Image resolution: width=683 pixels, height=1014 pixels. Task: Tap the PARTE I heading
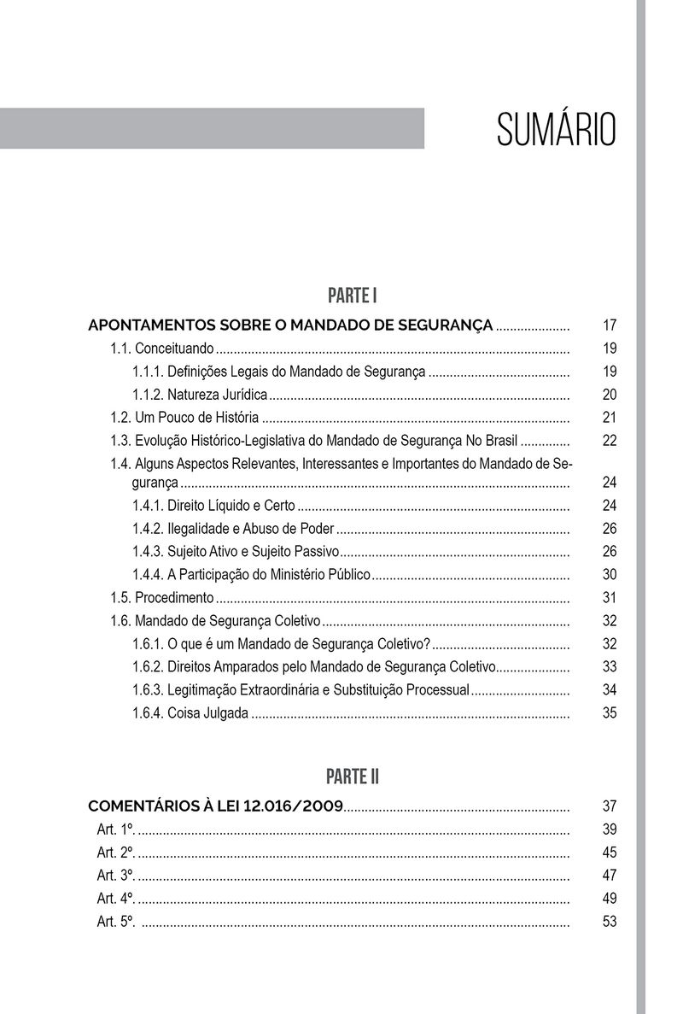[352, 296]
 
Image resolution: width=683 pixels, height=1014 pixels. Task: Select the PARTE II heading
[352, 777]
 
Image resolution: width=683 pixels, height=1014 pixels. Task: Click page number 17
[609, 325]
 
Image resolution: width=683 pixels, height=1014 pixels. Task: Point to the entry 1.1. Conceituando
[162, 349]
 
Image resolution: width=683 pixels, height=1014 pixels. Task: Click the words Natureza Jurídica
[218, 395]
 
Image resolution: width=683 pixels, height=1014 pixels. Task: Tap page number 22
[609, 441]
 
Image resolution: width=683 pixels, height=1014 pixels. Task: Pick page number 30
[609, 575]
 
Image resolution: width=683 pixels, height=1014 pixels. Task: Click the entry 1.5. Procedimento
[162, 598]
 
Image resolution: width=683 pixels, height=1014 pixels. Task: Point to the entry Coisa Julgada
[190, 713]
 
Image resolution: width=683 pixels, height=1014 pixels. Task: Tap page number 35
[609, 713]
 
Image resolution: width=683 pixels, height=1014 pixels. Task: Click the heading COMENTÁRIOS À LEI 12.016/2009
[216, 806]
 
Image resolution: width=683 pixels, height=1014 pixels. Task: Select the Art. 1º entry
[117, 829]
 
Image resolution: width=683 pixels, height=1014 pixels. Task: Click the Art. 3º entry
[117, 876]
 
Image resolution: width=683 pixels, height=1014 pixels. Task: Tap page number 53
[609, 922]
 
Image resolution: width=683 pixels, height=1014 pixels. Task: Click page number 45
[609, 853]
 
